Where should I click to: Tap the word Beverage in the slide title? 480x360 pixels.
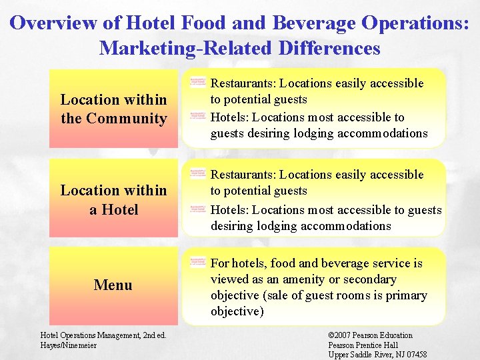coord(311,23)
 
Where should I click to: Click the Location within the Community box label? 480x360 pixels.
coord(113,109)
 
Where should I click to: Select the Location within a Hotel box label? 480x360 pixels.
coord(113,200)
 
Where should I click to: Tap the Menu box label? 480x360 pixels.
coord(113,285)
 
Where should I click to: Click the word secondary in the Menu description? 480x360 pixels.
coord(367,279)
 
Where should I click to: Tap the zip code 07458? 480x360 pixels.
coord(414,355)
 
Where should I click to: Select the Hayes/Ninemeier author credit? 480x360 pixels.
coord(69,345)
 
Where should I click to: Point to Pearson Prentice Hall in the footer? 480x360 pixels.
coord(363,345)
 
